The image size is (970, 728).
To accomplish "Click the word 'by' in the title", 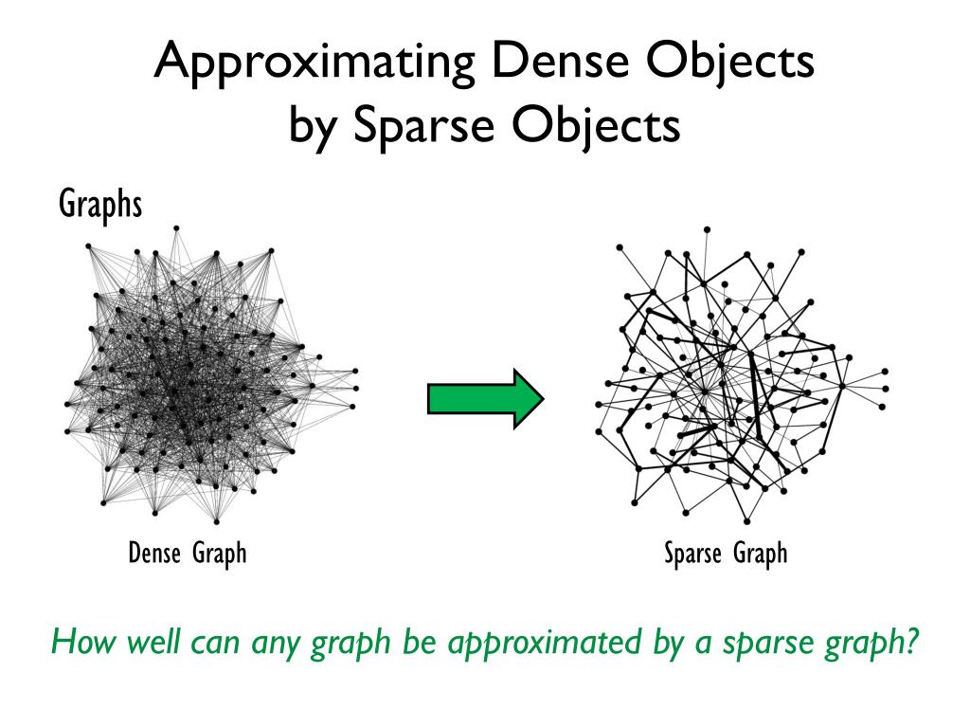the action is pyautogui.click(x=311, y=126).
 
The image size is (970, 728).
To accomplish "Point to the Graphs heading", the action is pyautogui.click(x=100, y=203).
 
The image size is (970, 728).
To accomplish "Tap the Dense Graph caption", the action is pyautogui.click(x=188, y=553).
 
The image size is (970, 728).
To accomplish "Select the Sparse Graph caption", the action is pyautogui.click(x=726, y=553).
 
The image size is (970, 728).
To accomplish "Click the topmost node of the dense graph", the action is pyautogui.click(x=176, y=227).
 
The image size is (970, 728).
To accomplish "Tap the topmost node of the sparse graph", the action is pyautogui.click(x=707, y=228).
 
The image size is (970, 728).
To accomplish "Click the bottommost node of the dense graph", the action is pyautogui.click(x=216, y=521).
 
